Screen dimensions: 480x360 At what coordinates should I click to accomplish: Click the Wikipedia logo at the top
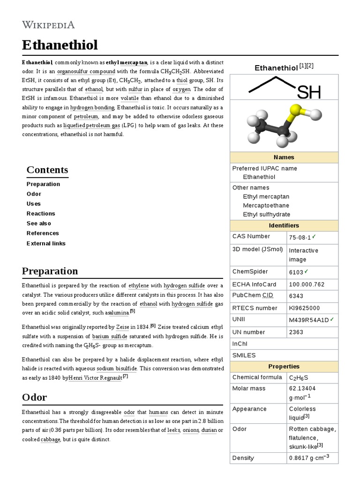point(48,24)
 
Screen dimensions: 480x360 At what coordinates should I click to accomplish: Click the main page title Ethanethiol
point(60,45)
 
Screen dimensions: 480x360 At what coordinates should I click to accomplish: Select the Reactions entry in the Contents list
point(41,214)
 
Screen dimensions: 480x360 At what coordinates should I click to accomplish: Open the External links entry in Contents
point(46,243)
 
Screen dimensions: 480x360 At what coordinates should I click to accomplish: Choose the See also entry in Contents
point(39,224)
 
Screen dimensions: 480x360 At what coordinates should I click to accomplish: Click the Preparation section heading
point(50,271)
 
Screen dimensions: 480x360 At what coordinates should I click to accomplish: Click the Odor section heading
point(34,397)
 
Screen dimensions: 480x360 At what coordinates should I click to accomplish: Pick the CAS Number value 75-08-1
point(300,237)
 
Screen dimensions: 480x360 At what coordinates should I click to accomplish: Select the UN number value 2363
point(296,332)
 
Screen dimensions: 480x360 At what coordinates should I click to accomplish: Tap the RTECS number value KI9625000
point(304,308)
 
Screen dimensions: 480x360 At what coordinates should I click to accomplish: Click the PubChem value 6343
point(296,296)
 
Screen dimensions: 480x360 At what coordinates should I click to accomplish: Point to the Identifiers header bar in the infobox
point(284,225)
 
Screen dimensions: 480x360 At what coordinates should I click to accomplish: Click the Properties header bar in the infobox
point(284,367)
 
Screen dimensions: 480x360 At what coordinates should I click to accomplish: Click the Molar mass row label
point(249,389)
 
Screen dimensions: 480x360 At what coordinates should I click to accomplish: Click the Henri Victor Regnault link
point(95,377)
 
